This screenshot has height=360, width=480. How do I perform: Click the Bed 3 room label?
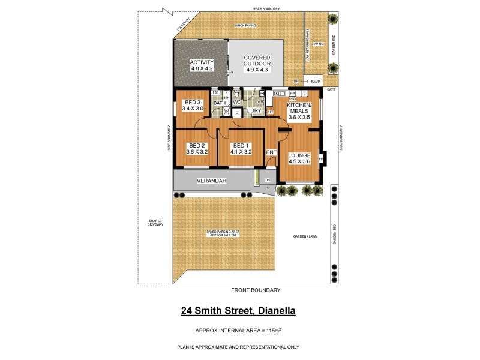(193, 105)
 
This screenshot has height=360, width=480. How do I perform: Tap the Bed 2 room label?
(197, 149)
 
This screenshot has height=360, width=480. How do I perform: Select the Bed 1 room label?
(241, 149)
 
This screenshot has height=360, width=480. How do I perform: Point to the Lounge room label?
(299, 158)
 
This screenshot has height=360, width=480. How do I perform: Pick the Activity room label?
(202, 65)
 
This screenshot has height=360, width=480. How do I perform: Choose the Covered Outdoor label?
(257, 64)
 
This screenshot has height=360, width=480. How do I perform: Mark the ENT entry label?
(271, 152)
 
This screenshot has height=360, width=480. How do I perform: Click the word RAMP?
(316, 81)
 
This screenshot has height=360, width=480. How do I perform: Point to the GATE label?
(331, 89)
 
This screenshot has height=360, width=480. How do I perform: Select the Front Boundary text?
(256, 290)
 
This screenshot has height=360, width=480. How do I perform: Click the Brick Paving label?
(246, 26)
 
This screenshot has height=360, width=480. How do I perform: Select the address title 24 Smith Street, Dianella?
(239, 311)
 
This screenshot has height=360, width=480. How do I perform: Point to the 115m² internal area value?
(274, 331)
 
